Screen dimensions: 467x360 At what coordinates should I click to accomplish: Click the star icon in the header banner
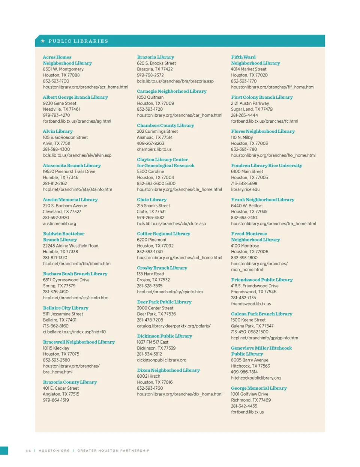point(43,41)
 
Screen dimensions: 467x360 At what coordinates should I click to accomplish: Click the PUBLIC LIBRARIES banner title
point(78,41)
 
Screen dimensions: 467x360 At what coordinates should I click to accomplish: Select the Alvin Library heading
point(58,131)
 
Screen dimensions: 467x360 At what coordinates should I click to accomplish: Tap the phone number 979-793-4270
point(56,115)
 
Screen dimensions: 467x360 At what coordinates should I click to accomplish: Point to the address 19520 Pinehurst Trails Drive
point(69,171)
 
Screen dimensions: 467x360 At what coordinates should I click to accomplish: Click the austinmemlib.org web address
point(59,224)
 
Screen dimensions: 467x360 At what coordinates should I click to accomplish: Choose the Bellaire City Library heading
point(66,308)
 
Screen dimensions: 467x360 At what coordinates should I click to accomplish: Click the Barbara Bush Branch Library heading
point(75,274)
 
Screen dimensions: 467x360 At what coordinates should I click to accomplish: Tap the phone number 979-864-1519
point(56,400)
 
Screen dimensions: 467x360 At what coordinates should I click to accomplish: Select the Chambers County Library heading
point(165,125)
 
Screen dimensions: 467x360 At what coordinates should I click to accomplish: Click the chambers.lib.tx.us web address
point(154,149)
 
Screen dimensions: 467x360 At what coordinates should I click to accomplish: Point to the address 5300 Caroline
point(150,171)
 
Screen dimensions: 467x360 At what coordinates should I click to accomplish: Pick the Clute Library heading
point(151,200)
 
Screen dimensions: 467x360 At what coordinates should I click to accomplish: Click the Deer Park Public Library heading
point(164,302)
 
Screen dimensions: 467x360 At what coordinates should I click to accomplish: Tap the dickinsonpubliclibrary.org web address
point(162,360)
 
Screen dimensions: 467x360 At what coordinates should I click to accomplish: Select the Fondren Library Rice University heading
point(267,165)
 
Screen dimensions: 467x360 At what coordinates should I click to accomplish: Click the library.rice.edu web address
point(245,189)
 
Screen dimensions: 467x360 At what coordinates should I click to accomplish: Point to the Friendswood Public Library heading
point(262,280)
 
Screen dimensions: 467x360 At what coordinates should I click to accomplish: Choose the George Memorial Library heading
point(259,388)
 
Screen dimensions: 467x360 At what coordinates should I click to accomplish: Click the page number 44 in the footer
point(28,450)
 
